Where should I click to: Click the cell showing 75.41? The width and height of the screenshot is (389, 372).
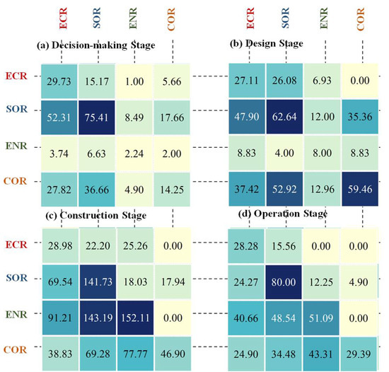97,115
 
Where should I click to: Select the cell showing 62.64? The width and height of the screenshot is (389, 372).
286,115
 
